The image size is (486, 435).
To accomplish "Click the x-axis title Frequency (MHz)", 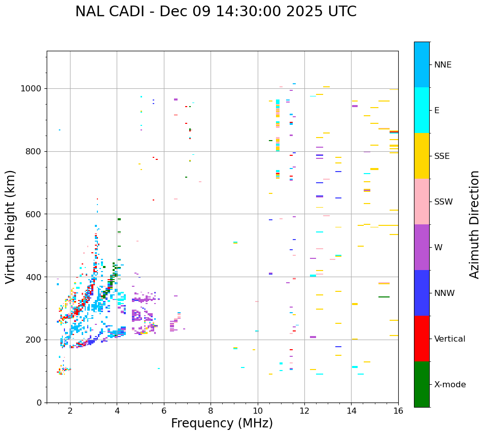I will coord(222,423).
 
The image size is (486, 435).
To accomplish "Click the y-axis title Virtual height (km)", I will coord(11,227).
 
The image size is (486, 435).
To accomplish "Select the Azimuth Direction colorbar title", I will coord(474,224).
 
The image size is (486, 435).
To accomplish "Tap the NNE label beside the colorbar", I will coord(442,65).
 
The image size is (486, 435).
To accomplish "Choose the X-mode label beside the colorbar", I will coord(449,385).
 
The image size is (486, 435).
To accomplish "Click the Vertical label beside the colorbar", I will coord(450,339).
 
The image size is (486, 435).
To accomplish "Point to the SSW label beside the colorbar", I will coord(443,202).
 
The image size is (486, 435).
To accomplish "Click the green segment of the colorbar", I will coord(422,384).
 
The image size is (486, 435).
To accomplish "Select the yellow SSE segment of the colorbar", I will coord(422,156).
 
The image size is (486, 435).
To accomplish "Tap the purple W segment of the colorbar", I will coord(422,247).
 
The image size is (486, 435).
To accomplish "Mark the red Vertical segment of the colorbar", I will coord(422,339).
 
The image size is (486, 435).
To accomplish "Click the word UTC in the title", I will coord(342,12).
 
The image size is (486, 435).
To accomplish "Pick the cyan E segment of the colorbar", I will coord(422,110).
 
